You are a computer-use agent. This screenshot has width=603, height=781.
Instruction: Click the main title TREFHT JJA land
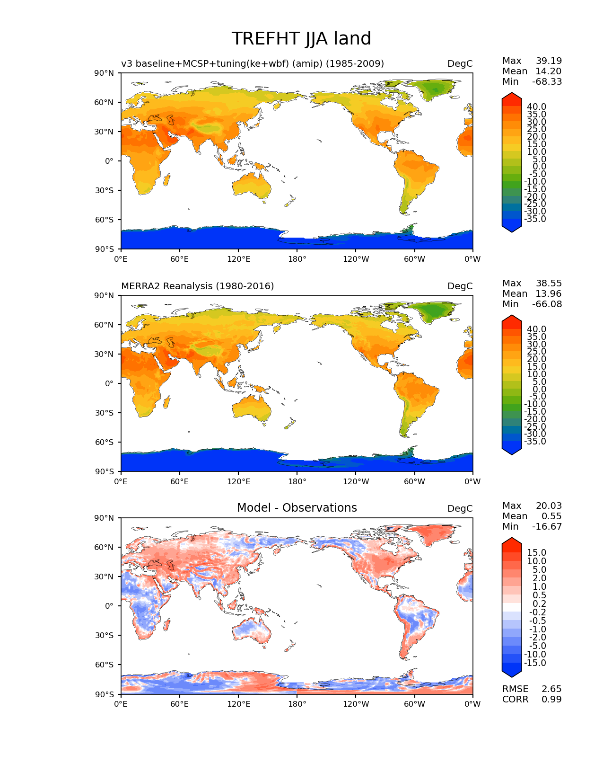point(301,39)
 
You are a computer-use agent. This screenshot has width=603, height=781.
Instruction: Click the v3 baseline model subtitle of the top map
point(252,64)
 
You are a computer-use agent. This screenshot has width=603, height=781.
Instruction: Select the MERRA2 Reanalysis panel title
point(197,286)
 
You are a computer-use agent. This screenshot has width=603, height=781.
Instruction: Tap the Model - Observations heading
point(297,508)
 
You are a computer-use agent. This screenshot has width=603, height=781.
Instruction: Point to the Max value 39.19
point(549,61)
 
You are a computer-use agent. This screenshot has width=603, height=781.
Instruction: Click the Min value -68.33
point(547,82)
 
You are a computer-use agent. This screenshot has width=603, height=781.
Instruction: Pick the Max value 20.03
point(549,506)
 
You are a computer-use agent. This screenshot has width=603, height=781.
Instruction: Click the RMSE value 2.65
point(551,689)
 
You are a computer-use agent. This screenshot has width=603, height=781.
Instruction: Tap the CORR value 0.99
point(551,700)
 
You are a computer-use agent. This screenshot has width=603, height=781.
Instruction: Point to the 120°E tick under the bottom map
point(238,704)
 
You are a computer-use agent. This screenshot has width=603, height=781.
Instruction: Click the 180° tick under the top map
point(297,259)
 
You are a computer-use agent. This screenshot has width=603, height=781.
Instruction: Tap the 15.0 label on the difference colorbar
point(536,553)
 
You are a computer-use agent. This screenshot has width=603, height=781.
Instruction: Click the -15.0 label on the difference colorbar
point(535,663)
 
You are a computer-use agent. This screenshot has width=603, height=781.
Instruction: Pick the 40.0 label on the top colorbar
point(536,107)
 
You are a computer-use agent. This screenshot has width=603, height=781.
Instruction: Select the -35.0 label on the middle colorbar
point(535,442)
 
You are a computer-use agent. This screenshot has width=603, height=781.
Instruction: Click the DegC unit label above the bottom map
point(460,509)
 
